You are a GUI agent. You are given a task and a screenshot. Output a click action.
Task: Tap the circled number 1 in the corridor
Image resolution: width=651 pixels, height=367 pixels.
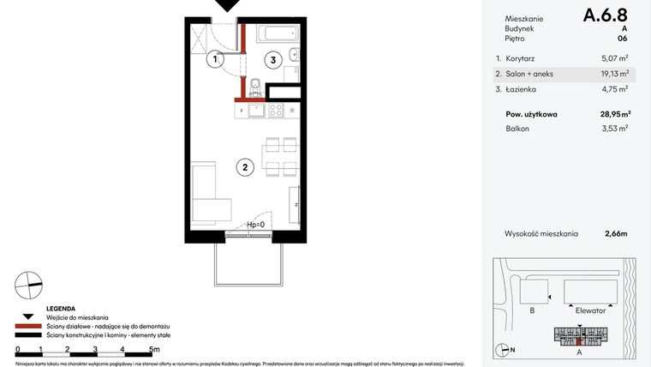click(216, 59)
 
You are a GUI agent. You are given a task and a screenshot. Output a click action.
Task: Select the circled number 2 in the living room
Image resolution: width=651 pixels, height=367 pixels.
click(245, 168)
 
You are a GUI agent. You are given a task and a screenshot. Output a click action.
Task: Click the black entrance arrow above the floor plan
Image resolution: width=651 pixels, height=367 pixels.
click(227, 6)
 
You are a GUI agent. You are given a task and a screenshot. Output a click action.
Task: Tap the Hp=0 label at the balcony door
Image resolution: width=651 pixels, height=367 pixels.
click(256, 226)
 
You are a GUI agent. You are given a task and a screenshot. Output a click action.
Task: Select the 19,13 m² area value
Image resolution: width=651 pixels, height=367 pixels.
click(613, 74)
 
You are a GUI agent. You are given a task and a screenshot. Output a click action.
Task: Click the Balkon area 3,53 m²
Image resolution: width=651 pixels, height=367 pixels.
click(615, 129)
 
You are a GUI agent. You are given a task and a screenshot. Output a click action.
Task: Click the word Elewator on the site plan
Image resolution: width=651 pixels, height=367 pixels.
click(591, 311)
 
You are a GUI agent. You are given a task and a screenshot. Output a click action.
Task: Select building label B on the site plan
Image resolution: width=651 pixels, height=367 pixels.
click(532, 311)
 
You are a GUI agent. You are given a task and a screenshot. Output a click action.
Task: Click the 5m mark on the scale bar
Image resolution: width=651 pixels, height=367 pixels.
click(153, 350)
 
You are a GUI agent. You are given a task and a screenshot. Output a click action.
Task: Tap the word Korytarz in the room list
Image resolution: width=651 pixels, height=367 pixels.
click(522, 59)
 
